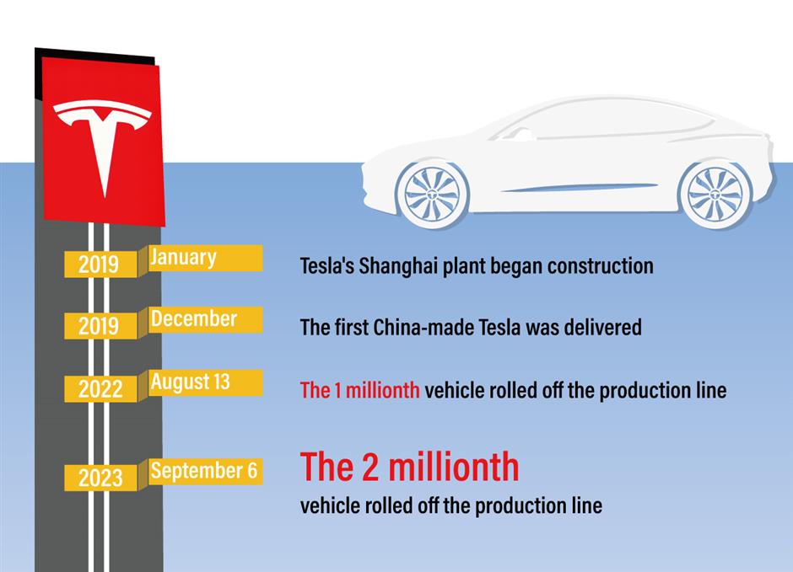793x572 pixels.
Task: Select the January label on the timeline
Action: [x=183, y=257]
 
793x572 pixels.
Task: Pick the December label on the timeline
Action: [x=194, y=319]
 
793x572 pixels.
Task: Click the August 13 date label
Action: [x=190, y=382]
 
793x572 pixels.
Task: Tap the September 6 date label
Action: [x=204, y=471]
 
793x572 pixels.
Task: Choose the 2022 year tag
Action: [x=100, y=389]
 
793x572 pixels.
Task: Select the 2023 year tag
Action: [x=100, y=478]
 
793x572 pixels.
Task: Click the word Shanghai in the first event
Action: [x=398, y=266]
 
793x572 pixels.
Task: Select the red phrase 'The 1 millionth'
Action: [x=359, y=390]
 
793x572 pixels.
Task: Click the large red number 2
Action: [x=370, y=467]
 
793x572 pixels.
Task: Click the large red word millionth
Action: [x=454, y=467]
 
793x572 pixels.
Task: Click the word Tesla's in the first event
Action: [x=326, y=266]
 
